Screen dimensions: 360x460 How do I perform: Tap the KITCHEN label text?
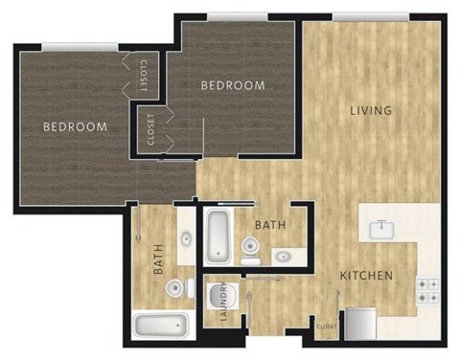[366, 276]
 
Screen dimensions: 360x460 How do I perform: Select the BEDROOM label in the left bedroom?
[75, 126]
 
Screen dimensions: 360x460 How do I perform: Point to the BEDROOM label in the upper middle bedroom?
[232, 85]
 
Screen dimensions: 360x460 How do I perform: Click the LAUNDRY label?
[223, 304]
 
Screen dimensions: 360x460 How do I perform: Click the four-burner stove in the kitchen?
[426, 290]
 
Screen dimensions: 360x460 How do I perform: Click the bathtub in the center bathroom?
[216, 236]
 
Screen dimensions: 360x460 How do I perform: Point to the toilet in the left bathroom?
[175, 287]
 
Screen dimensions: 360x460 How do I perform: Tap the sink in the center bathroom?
[284, 255]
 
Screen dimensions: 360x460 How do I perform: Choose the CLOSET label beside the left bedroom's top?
[142, 74]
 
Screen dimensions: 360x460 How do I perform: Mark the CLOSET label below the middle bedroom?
[150, 129]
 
